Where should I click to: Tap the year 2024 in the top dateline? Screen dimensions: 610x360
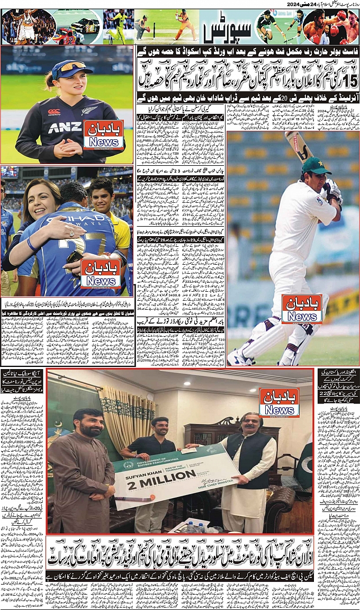coord(295,4)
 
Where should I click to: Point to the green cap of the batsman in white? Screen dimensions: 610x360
coord(316,166)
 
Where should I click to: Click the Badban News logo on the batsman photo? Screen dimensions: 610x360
coord(302,309)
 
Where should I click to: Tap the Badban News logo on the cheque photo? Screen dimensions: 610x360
coord(279,402)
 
